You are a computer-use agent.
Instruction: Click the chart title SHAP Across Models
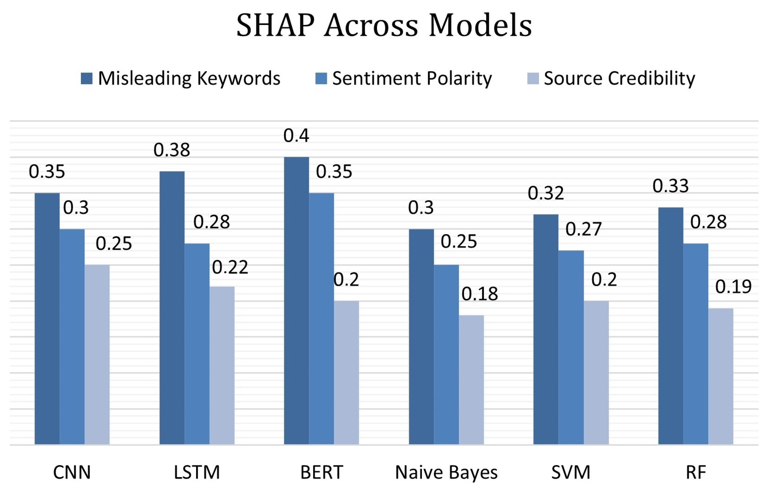384,25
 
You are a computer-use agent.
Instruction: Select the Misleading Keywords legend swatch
87,78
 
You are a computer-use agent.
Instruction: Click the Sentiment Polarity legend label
412,78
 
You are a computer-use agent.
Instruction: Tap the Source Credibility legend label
619,78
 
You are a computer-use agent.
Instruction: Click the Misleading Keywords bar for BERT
296,300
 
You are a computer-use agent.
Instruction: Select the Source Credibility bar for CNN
97,354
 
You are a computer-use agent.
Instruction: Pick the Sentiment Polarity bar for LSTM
197,344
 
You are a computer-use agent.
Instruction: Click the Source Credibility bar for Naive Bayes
471,380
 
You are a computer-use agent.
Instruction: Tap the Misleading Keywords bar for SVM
546,329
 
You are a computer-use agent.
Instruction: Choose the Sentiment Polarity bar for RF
696,344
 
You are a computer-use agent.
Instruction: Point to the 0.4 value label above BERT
296,136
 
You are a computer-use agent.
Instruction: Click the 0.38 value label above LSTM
172,150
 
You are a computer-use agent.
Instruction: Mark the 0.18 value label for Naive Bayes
480,294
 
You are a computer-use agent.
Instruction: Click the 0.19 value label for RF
733,287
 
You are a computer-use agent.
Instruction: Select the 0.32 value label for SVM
546,193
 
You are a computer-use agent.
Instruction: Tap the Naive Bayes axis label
446,472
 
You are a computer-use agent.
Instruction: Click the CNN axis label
72,472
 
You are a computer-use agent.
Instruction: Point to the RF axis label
696,472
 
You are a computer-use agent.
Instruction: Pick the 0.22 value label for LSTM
230,267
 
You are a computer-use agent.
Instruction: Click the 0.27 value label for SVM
583,229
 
